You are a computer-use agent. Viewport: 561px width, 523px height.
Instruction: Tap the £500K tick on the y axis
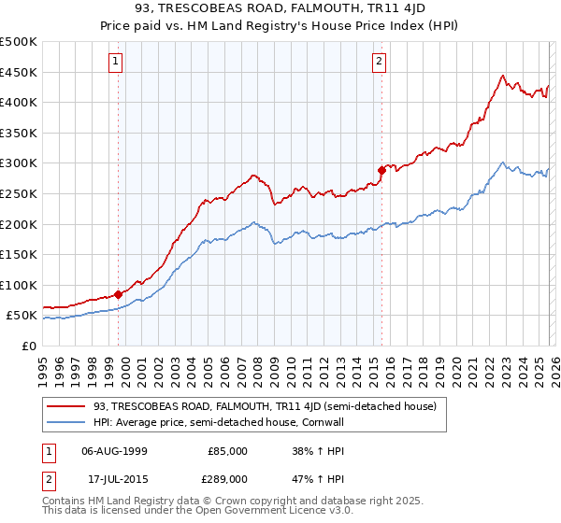pos(19,42)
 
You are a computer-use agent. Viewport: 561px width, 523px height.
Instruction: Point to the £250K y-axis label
pos(19,193)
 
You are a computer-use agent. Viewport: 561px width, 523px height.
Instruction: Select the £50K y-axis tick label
pos(22,316)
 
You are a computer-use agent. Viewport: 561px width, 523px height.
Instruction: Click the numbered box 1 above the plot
pos(116,63)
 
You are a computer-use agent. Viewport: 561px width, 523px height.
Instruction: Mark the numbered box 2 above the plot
pos(379,63)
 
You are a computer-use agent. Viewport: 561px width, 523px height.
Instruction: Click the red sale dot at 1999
pos(119,294)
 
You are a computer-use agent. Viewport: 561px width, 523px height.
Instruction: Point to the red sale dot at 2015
pos(381,170)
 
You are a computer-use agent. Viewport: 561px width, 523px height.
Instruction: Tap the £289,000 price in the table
pos(227,478)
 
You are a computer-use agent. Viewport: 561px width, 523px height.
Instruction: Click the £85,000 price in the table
pos(227,450)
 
